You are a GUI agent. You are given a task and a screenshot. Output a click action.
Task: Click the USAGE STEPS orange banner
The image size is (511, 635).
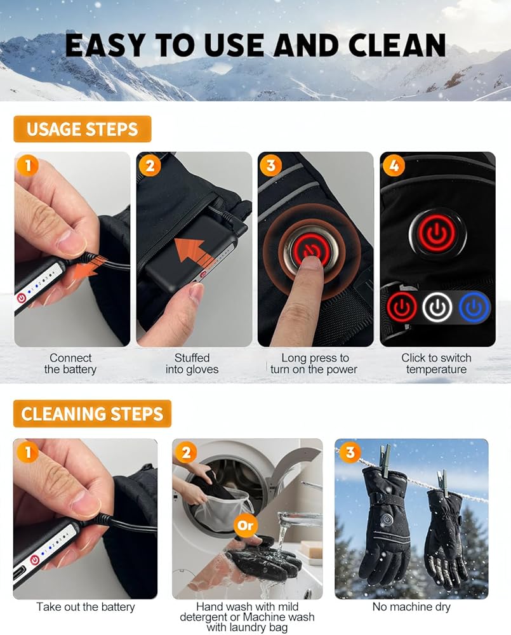[x=82, y=129]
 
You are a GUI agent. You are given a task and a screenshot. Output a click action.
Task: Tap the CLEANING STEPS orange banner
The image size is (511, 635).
[x=92, y=414]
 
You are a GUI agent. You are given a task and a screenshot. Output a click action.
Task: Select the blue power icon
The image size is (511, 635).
[x=474, y=307]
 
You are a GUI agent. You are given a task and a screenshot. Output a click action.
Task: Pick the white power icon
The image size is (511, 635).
[x=437, y=307]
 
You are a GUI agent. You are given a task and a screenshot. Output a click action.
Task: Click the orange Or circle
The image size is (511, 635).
[x=246, y=525]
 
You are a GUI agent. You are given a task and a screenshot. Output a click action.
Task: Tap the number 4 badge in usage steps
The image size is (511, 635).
[x=393, y=165]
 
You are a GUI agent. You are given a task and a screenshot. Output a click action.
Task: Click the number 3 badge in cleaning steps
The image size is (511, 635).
[x=350, y=452]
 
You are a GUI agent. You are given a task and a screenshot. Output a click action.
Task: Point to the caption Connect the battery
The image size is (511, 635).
[x=70, y=364]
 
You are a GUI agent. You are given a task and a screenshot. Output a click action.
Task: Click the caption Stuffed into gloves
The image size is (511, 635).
[x=192, y=364]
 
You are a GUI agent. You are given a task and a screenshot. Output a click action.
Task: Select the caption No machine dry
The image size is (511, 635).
[x=411, y=606]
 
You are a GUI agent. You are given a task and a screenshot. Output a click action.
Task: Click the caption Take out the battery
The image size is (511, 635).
[x=86, y=606]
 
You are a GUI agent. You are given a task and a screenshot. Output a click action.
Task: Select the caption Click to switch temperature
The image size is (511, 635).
[x=437, y=364]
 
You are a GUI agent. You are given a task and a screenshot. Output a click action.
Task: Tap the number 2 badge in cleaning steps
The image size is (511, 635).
[x=186, y=452]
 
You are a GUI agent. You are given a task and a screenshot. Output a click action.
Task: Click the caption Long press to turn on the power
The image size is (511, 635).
[x=314, y=364]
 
